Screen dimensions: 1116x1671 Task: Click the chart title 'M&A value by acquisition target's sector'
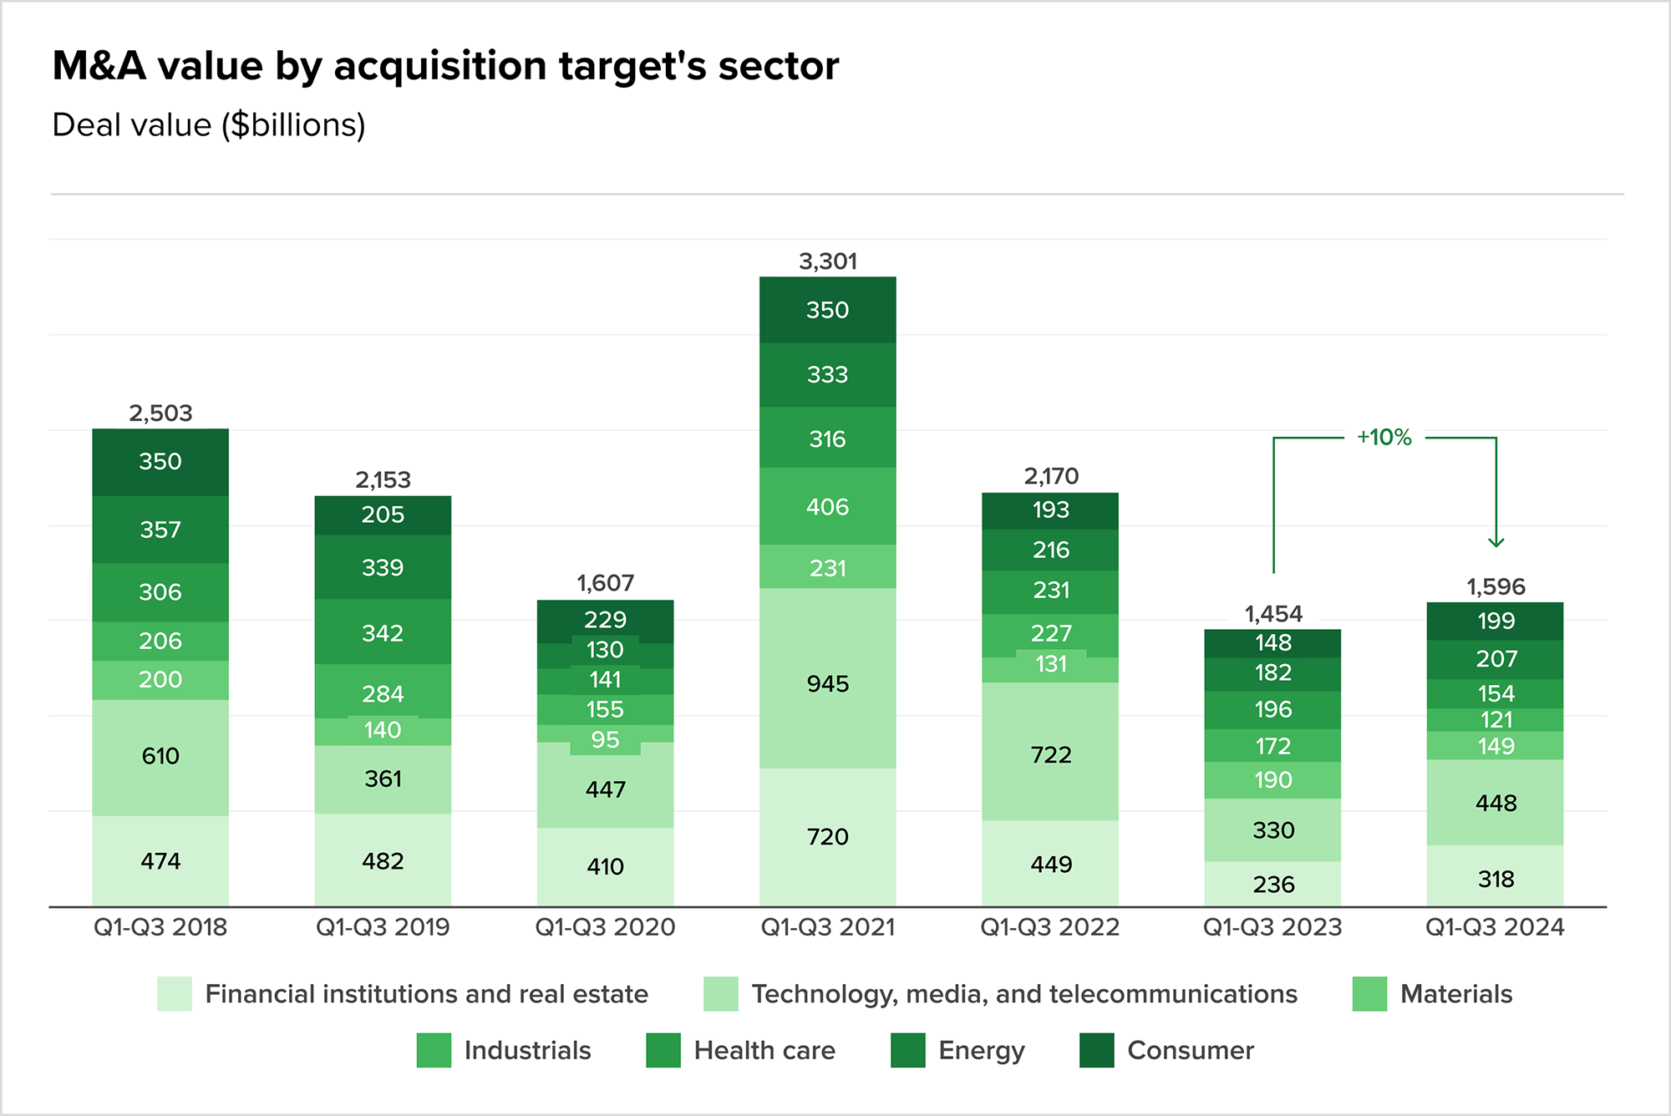coord(445,66)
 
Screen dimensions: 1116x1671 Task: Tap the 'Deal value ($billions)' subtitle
coord(209,125)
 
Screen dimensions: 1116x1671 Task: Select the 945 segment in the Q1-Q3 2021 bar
coord(827,683)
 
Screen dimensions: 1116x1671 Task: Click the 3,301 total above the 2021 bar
coord(827,261)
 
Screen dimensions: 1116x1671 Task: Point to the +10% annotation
coord(1384,437)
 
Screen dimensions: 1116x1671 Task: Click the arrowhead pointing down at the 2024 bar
coord(1496,542)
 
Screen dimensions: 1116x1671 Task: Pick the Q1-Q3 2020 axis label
coord(605,927)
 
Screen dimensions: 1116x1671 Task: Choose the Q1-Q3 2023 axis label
coord(1272,927)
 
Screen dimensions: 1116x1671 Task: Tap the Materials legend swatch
coord(1369,994)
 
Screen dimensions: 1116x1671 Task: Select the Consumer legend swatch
coord(1096,1050)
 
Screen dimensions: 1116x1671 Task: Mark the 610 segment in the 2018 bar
coord(160,756)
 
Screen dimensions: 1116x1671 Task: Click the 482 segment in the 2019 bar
coord(383,861)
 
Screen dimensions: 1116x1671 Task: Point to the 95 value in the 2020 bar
coord(605,740)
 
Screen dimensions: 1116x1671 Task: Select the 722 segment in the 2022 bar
coord(1050,754)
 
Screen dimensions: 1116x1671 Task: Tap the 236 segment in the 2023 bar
coord(1272,884)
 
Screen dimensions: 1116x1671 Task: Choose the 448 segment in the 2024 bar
coord(1496,803)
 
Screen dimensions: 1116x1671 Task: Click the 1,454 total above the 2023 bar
coord(1272,614)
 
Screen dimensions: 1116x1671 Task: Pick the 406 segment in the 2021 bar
coord(827,506)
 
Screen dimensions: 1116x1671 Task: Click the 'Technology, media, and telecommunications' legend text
coord(1024,994)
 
